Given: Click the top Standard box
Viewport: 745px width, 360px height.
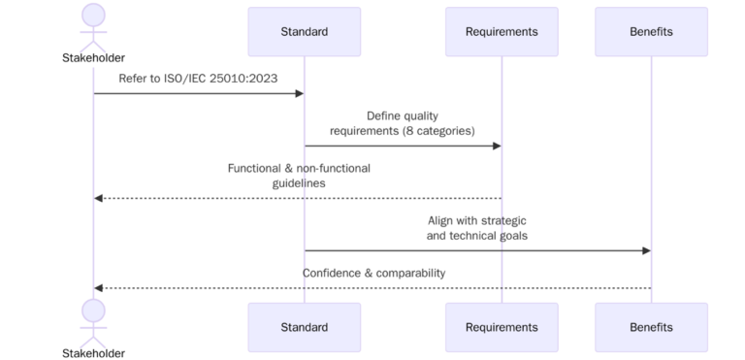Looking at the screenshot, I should click(304, 32).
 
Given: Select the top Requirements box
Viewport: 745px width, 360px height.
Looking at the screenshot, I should click(502, 32).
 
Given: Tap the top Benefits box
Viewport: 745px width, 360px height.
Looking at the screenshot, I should click(651, 32).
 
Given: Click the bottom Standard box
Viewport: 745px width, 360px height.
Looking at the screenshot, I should click(304, 327).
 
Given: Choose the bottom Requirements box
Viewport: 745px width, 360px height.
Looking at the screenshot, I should click(502, 327).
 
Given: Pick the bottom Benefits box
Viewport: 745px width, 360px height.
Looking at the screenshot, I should click(651, 327).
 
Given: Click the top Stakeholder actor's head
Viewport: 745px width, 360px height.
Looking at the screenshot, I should click(93, 15).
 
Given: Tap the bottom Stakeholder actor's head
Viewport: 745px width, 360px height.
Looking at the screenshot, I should click(93, 311).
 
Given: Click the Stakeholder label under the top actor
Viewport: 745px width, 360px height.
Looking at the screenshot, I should click(93, 58).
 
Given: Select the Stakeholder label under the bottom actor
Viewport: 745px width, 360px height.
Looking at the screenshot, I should click(93, 353).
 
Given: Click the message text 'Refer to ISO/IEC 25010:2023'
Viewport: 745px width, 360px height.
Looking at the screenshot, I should click(199, 78).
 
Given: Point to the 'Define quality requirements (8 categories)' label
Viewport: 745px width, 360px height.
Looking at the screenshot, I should click(403, 123).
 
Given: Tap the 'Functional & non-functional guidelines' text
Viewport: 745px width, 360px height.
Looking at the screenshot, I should click(299, 176).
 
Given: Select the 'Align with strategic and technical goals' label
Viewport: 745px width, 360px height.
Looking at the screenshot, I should click(477, 228).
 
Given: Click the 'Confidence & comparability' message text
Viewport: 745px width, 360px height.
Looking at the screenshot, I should click(373, 273).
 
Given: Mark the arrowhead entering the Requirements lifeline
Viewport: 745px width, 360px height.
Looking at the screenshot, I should click(497, 146).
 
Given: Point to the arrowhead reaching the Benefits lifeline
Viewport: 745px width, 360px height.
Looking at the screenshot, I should click(646, 250).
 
